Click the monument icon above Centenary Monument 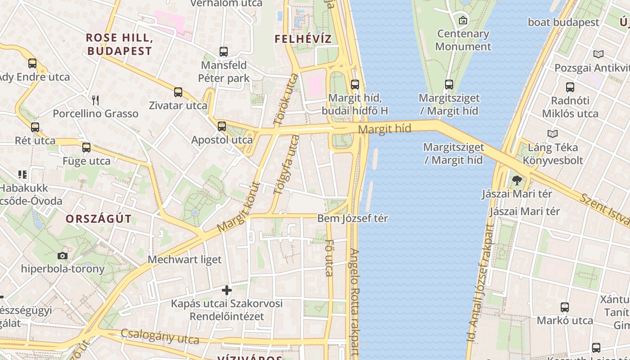463,20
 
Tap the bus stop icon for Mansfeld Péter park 224,52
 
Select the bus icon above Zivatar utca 178,92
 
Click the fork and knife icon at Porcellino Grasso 95,100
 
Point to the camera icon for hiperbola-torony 63,256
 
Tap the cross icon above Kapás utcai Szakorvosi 227,290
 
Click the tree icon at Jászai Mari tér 517,180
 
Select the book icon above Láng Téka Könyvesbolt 553,134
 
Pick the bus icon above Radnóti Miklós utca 570,87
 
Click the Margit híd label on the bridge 385,129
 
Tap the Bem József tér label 353,219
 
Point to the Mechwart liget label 184,260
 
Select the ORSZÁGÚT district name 99,219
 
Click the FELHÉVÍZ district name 303,39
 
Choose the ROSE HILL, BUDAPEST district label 119,44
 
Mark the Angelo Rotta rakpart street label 355,301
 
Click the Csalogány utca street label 160,336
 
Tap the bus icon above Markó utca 565,307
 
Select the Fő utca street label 329,260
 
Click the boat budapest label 563,22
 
